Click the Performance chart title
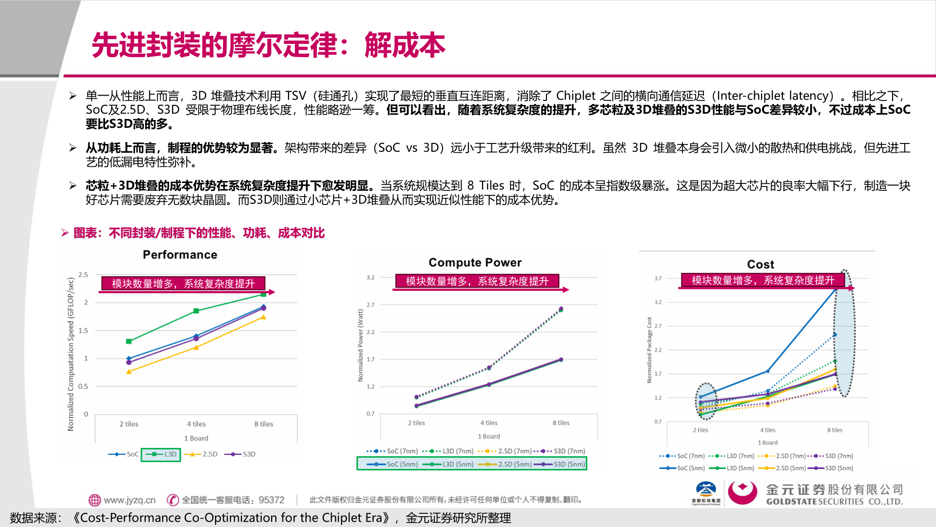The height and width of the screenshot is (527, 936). (x=180, y=255)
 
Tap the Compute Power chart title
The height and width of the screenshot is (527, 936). (x=475, y=263)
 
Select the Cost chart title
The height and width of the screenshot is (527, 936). (x=760, y=264)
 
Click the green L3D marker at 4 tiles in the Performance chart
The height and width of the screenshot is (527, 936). (x=196, y=311)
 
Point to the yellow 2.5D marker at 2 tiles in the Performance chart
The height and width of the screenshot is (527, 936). (x=129, y=372)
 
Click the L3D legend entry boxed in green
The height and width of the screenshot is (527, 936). (x=161, y=454)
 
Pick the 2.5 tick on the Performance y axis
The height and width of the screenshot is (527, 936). (x=83, y=275)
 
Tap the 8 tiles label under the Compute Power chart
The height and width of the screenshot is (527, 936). (x=561, y=423)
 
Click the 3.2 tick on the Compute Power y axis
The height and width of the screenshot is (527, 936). (x=370, y=278)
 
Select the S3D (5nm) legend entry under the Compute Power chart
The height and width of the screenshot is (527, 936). (x=560, y=464)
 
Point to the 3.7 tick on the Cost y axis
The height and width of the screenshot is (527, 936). (x=658, y=279)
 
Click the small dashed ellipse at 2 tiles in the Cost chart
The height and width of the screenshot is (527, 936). (x=705, y=401)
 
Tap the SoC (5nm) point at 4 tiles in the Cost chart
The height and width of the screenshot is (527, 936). (x=768, y=371)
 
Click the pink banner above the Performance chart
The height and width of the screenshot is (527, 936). (x=183, y=284)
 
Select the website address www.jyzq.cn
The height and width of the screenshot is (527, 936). (x=129, y=500)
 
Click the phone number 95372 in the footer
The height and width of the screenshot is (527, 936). (x=271, y=500)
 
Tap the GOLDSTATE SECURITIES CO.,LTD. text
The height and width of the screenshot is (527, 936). (x=834, y=502)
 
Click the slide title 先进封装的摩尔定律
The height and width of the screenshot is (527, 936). (x=214, y=45)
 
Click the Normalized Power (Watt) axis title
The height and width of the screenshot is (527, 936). (x=361, y=345)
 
